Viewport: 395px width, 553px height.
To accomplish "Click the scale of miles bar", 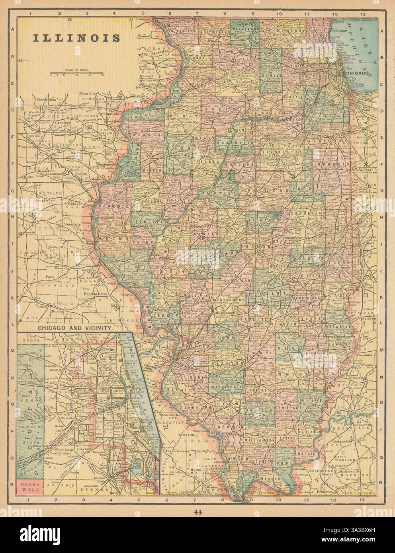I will point(77,73).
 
